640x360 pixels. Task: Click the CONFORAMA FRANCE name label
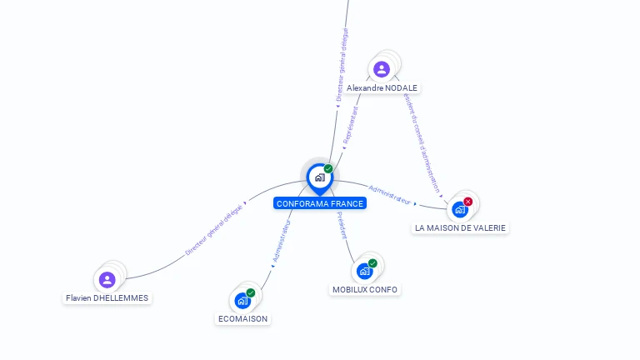319,203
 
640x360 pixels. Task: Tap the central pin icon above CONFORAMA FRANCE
319,177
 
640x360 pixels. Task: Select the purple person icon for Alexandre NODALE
382,68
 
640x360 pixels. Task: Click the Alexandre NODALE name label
382,87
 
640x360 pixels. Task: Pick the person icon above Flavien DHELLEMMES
107,279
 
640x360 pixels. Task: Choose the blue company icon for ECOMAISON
242,300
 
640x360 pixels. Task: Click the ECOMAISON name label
242,318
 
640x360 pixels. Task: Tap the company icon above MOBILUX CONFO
364,271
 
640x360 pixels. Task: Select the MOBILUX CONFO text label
365,289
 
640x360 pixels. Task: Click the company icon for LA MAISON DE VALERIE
460,209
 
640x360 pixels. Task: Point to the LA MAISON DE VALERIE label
460,227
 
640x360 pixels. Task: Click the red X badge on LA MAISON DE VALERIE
468,202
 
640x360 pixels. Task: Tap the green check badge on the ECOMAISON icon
251,292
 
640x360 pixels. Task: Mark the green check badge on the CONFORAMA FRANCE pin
328,169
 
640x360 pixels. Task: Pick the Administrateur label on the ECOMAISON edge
281,242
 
